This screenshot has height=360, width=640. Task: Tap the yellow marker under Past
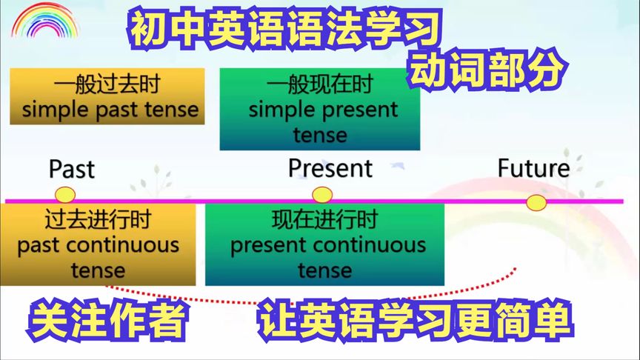[65, 196]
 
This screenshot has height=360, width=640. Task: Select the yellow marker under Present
[322, 196]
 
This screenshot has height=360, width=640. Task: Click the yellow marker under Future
[536, 202]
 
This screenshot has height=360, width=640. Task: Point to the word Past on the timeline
[72, 169]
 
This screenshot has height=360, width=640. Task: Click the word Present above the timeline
[330, 168]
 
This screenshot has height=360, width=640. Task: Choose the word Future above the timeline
[534, 168]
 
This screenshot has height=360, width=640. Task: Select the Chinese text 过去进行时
[98, 220]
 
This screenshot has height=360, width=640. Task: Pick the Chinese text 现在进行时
[324, 220]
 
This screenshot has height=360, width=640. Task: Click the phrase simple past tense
[110, 110]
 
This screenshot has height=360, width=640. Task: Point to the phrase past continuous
[99, 244]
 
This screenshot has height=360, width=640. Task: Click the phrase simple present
[324, 110]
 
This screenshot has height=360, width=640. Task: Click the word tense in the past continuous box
[99, 270]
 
